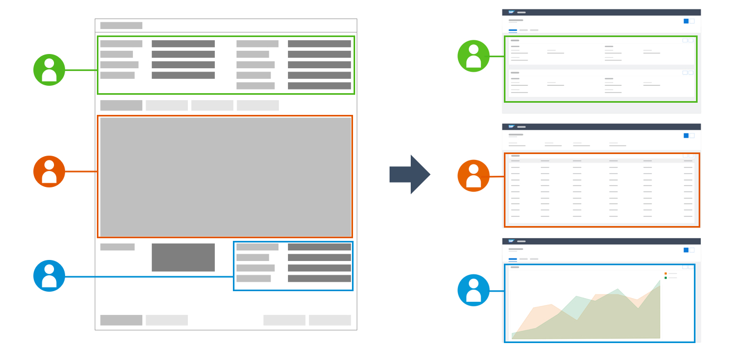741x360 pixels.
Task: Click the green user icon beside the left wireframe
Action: pos(49,70)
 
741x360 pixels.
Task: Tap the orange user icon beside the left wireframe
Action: pos(49,172)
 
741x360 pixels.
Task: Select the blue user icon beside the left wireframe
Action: pos(49,276)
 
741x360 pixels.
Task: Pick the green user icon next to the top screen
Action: pos(473,56)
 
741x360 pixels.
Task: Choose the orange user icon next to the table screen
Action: pos(473,176)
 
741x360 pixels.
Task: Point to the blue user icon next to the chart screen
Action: pos(473,290)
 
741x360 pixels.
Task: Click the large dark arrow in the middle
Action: pos(410,174)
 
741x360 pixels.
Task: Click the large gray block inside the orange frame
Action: pos(225,177)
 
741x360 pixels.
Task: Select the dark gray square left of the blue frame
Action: pos(183,257)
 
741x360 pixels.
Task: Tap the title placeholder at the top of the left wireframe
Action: pos(121,25)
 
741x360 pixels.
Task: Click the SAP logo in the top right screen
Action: pos(511,12)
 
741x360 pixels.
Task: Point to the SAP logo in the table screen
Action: pos(511,127)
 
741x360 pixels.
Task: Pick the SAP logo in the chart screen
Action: pos(511,241)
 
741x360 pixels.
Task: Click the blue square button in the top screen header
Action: pos(686,21)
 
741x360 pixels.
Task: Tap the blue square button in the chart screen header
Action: pos(686,250)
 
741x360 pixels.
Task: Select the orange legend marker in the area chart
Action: pos(666,274)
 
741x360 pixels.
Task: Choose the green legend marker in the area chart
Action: pos(666,278)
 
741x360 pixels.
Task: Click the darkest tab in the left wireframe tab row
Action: pos(121,105)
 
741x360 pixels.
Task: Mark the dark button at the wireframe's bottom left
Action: pos(121,320)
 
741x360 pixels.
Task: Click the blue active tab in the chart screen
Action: pos(513,259)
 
